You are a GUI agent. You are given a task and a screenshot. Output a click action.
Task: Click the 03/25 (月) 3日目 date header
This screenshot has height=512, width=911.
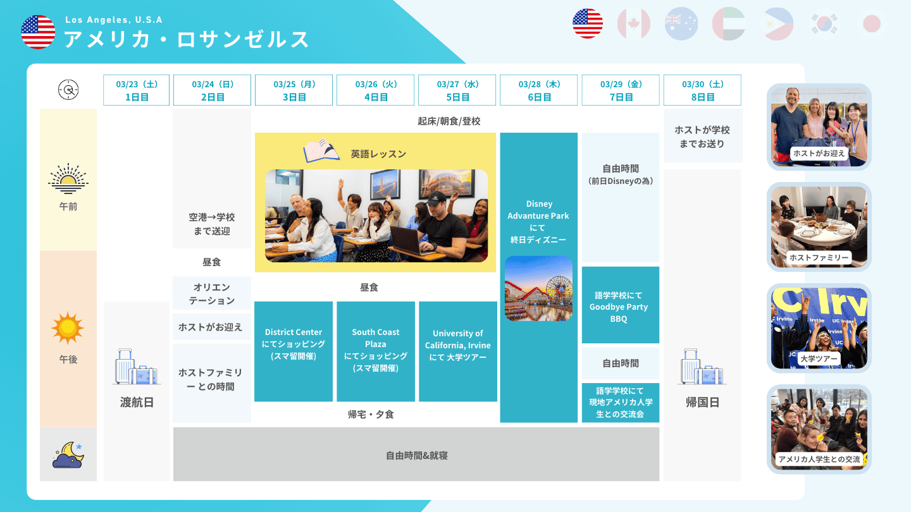(x=294, y=90)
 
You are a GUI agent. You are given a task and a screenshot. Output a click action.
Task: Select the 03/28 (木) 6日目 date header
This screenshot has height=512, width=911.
(x=538, y=90)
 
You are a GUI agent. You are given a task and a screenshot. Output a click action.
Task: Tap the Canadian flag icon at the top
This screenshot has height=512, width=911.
(x=634, y=23)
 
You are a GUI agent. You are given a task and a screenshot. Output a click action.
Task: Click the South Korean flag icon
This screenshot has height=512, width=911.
(x=824, y=23)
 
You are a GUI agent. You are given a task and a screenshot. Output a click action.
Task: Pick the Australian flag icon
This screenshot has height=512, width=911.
(x=681, y=23)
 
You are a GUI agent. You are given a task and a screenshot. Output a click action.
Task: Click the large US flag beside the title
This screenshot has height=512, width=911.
(x=38, y=32)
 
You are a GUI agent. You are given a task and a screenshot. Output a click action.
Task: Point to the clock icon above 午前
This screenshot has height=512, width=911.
(x=68, y=90)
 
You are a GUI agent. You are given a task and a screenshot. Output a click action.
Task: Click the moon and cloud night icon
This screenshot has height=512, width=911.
(x=68, y=454)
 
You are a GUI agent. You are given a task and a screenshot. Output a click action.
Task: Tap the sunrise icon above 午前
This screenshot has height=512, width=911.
(x=68, y=179)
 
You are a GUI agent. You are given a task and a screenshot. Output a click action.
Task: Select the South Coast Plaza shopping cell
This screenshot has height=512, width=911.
(x=376, y=351)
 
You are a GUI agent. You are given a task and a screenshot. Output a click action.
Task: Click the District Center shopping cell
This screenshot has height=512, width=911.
(x=294, y=351)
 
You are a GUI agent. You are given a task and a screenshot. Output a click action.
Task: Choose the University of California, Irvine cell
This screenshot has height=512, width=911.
(x=458, y=351)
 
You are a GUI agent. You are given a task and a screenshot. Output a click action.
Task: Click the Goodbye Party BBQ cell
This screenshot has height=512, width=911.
(x=620, y=305)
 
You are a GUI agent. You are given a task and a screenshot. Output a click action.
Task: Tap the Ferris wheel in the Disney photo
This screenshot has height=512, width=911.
(x=559, y=289)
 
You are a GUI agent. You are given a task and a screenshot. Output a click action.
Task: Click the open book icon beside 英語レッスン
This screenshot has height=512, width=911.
(x=321, y=150)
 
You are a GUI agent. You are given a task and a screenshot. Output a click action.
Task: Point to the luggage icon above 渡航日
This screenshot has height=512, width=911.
(x=136, y=367)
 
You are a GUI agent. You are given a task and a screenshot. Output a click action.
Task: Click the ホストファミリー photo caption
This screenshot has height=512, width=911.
(x=819, y=258)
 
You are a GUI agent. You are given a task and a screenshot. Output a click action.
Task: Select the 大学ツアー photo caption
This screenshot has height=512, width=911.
(x=819, y=359)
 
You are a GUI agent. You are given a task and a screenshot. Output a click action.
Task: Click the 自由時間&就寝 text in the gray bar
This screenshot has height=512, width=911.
(x=416, y=456)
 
